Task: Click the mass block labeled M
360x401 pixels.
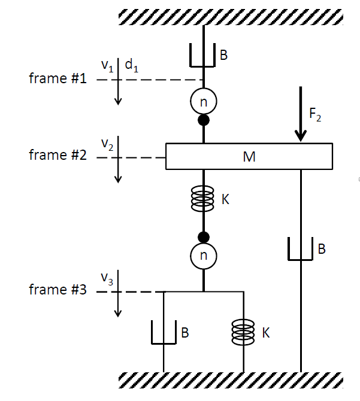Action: (x=249, y=156)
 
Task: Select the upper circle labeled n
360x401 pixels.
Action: (x=204, y=102)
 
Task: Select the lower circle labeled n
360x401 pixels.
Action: (x=204, y=256)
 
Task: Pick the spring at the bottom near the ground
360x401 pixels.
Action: (x=243, y=331)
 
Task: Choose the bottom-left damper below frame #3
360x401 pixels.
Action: (x=164, y=333)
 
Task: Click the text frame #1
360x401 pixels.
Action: (x=58, y=79)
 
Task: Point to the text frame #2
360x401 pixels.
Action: (x=58, y=156)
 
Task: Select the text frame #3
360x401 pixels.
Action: (x=58, y=290)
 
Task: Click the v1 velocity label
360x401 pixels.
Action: (x=107, y=67)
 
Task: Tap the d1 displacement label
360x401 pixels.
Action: (x=132, y=66)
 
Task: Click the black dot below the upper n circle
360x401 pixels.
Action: (x=204, y=120)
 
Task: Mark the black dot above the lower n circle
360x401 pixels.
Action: (x=204, y=236)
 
